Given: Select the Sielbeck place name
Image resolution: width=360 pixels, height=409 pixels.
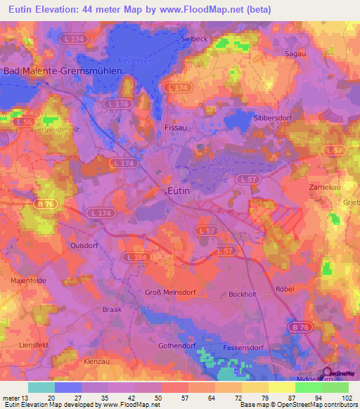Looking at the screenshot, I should tap(194, 39).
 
